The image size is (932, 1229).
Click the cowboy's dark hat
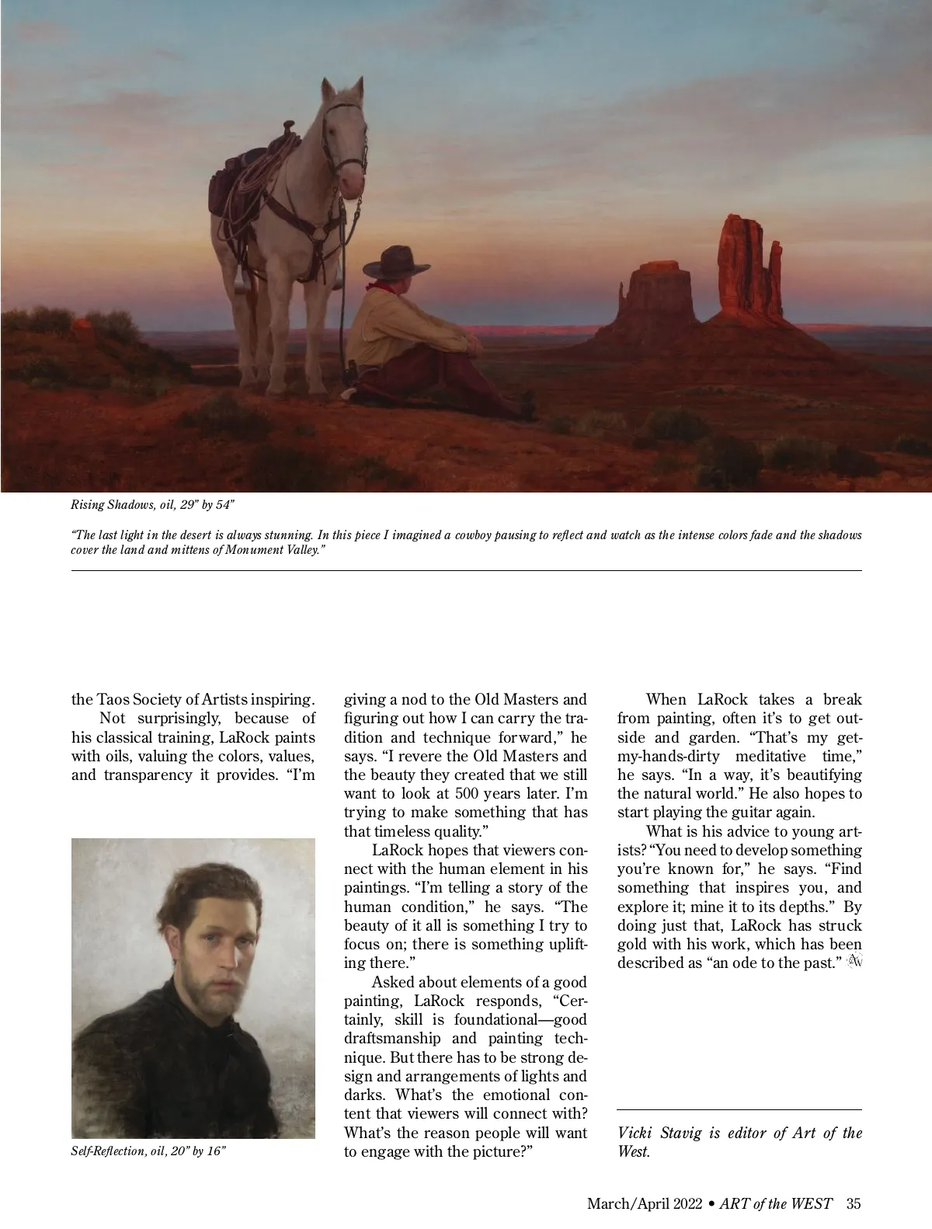[398, 263]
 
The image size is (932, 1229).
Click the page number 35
[854, 1204]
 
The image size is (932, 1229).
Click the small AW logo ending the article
[855, 962]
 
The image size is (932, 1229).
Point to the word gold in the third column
[632, 944]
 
